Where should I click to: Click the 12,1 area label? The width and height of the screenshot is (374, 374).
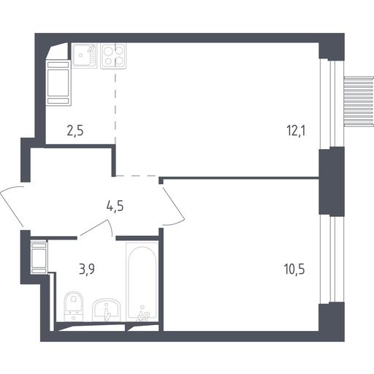296,131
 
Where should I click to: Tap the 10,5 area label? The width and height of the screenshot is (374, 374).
294,269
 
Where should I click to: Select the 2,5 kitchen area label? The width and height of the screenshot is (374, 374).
75,130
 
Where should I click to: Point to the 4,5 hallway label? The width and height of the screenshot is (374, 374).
115,206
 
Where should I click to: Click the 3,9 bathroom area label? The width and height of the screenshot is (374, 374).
87,269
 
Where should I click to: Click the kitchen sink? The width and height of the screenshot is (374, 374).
84,56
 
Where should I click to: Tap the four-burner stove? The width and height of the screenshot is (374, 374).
113,56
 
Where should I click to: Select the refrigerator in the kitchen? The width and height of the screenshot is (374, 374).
58,83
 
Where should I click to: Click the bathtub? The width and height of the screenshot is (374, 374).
142,281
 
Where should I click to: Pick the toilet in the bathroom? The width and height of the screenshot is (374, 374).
73,306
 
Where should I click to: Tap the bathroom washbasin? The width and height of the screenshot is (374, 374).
107,310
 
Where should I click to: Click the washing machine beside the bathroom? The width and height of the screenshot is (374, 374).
39,257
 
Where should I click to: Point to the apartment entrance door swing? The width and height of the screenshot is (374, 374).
11,204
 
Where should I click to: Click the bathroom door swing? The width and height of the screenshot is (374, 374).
97,228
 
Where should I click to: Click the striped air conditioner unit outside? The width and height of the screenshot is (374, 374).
359,102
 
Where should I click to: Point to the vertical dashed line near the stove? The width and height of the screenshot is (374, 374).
115,107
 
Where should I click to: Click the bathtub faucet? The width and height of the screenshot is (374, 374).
143,315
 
